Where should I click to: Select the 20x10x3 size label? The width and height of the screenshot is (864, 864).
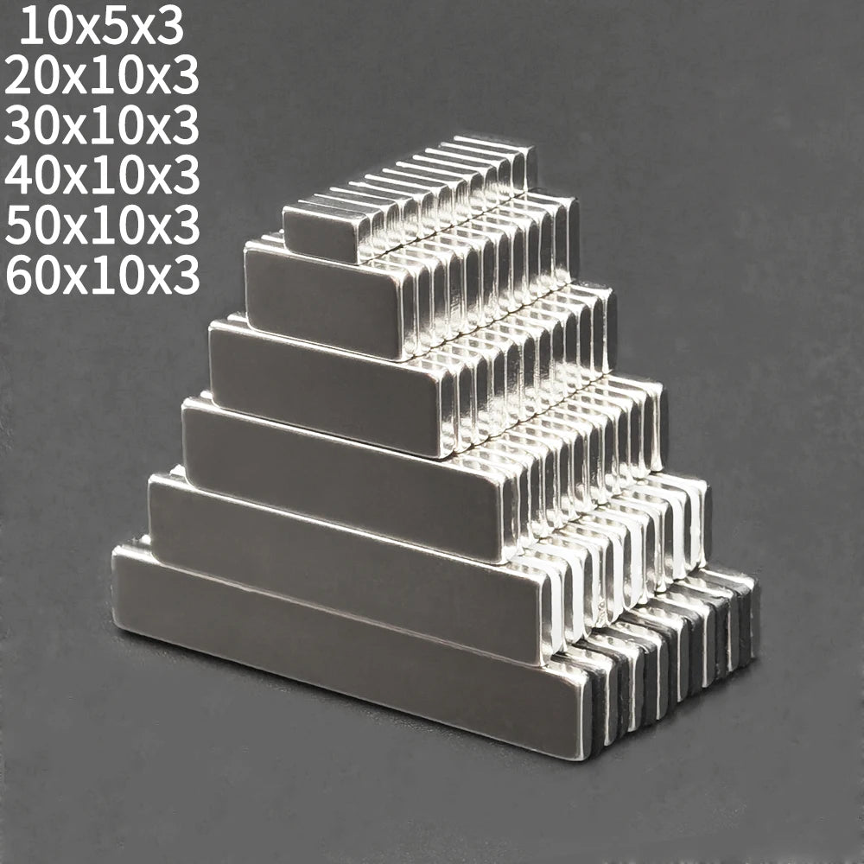click(101, 77)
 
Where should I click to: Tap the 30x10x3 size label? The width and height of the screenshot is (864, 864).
click(101, 126)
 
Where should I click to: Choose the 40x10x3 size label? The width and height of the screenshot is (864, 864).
click(101, 175)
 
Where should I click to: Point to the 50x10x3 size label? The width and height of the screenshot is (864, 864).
click(101, 226)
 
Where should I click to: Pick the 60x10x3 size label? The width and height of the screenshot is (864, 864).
click(101, 275)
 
